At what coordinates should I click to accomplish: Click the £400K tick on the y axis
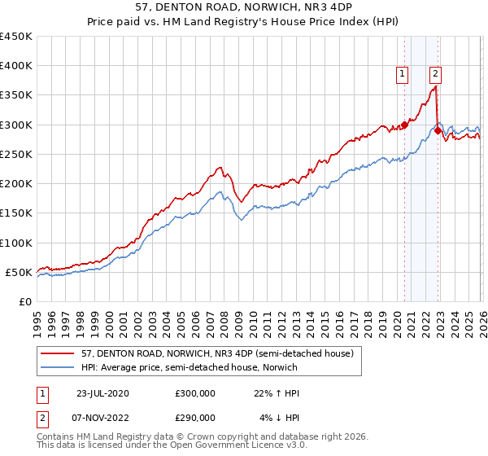(15, 66)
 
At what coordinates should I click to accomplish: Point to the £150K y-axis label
(15, 213)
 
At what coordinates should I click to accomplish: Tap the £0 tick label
(24, 302)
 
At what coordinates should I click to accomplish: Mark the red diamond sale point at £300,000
(404, 125)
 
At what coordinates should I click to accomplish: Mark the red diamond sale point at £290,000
(438, 130)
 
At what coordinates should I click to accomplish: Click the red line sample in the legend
(58, 354)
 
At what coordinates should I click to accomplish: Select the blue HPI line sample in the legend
(58, 368)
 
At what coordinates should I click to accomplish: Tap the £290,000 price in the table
(196, 417)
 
